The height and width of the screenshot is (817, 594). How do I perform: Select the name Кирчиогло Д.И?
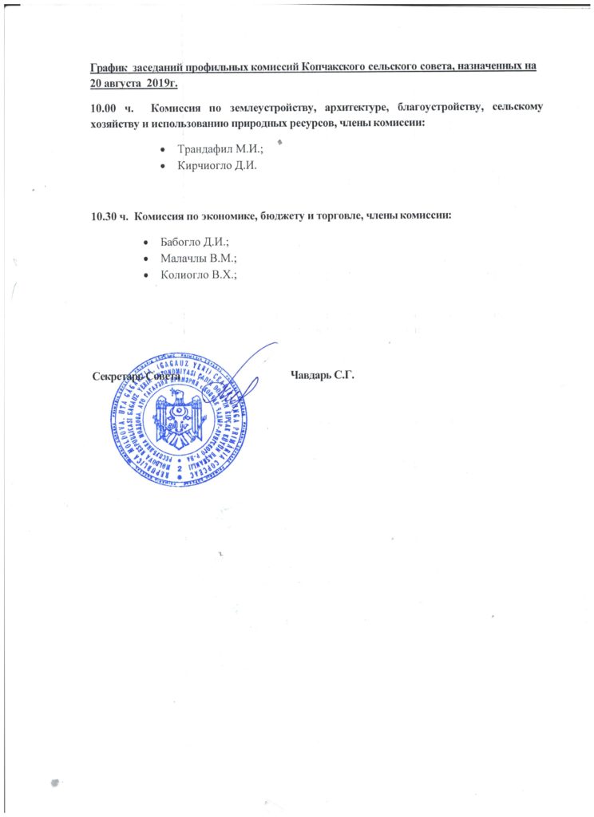pyautogui.click(x=217, y=166)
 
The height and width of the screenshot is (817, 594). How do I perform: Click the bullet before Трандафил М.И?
pyautogui.click(x=163, y=149)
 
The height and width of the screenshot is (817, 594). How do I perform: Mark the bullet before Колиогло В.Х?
pyautogui.click(x=144, y=275)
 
